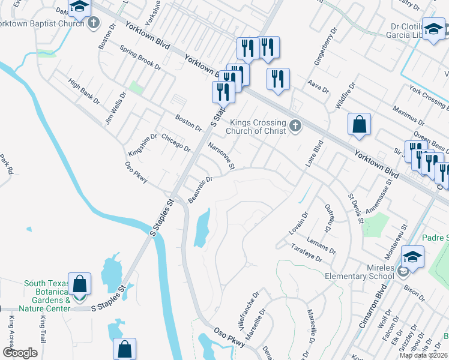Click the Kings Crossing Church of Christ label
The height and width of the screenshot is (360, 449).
[254, 127]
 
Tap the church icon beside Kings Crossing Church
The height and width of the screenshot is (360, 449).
[294, 126]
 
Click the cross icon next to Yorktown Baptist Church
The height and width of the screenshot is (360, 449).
[93, 24]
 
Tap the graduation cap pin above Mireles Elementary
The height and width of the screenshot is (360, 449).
[412, 257]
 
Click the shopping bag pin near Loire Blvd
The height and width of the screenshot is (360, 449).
[359, 125]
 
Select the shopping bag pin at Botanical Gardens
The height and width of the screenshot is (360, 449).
[79, 284]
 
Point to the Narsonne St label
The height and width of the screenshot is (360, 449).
[221, 155]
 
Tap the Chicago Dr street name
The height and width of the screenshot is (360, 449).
[175, 143]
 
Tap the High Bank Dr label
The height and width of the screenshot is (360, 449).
[84, 91]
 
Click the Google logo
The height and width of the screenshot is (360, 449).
[20, 353]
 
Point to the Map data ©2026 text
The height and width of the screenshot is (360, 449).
[423, 355]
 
